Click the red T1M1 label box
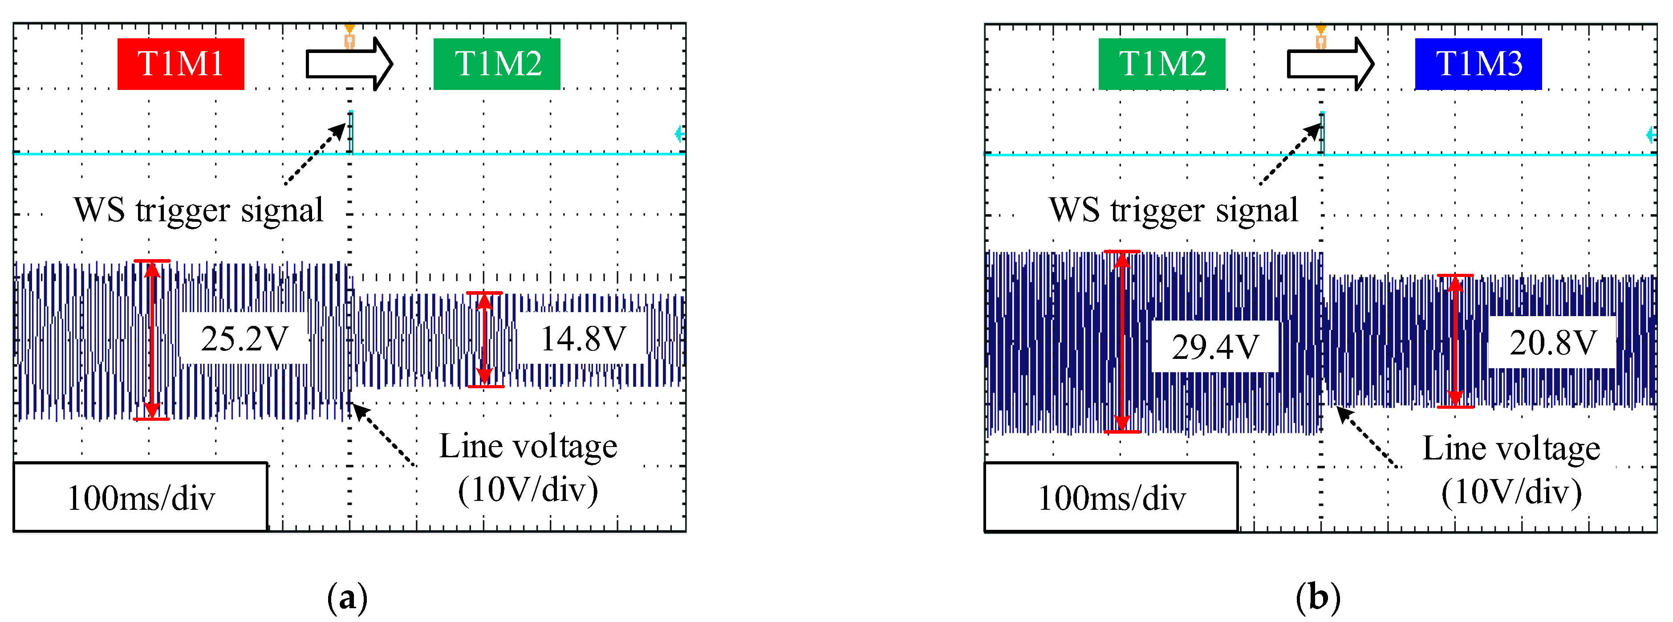(x=181, y=64)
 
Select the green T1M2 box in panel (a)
(x=497, y=64)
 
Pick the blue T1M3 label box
(x=1478, y=64)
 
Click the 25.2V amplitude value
(x=244, y=339)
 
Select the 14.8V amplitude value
(x=583, y=339)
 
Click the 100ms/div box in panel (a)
(x=140, y=498)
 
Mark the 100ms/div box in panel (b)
(x=1111, y=498)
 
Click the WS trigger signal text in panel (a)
(x=198, y=210)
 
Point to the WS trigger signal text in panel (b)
(x=1173, y=210)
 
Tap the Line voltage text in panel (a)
(x=528, y=447)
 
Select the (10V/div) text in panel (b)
(x=1511, y=492)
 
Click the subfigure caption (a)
(x=347, y=597)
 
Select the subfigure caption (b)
(x=1318, y=597)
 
